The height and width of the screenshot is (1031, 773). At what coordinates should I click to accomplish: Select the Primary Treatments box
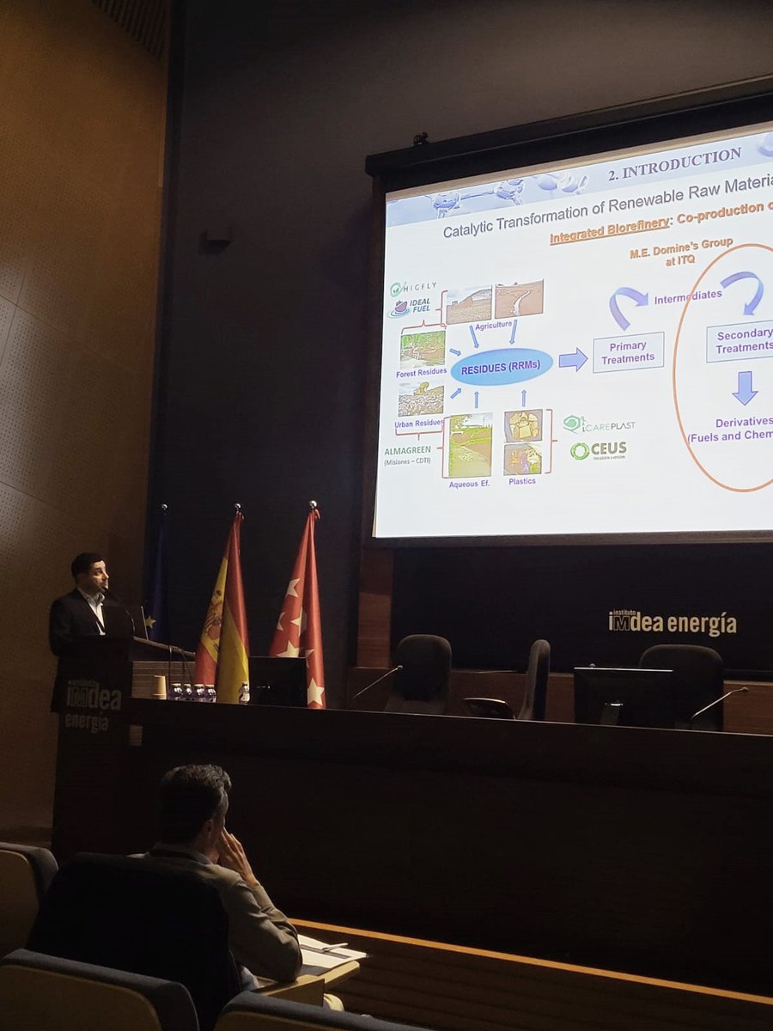(628, 352)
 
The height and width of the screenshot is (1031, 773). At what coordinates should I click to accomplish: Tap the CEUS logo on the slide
(599, 450)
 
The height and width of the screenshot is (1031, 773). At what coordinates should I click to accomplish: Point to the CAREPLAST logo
(600, 424)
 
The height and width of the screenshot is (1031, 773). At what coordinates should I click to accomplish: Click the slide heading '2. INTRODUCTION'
(674, 165)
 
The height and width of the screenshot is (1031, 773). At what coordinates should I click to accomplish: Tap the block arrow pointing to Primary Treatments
(573, 359)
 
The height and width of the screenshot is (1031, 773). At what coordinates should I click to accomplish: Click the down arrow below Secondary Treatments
(745, 387)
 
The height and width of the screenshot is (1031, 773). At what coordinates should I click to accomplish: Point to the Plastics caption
(522, 481)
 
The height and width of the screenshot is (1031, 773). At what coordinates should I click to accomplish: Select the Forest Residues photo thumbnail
(423, 350)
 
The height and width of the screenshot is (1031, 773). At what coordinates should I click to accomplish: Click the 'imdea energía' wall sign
(672, 623)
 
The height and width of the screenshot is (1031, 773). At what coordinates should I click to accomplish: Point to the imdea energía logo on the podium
(93, 705)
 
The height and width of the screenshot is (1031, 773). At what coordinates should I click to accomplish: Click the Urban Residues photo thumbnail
(421, 400)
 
